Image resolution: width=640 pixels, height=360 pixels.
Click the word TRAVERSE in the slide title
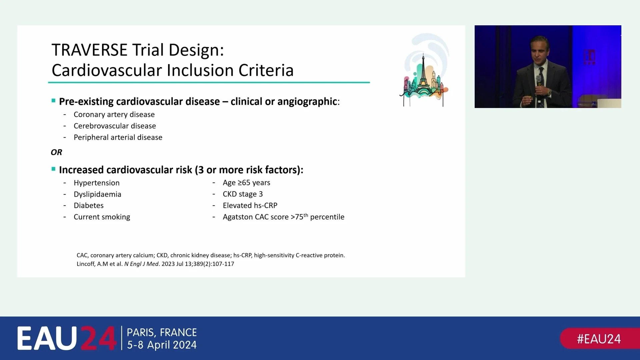point(89,50)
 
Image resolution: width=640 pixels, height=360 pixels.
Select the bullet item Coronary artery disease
point(114,114)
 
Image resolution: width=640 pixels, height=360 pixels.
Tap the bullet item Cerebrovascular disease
point(115,126)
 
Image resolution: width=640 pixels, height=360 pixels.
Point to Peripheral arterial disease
point(118,137)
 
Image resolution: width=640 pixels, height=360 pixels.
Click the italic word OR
point(56,152)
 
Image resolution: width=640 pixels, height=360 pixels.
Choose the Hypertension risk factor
point(96,183)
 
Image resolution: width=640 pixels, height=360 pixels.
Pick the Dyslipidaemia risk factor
point(97,194)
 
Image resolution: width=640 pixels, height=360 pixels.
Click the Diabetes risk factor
point(88,205)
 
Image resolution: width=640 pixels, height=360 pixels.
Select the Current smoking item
point(102,217)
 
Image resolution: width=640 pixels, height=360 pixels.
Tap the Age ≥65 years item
point(246,183)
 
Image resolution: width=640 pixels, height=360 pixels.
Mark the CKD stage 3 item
point(243,194)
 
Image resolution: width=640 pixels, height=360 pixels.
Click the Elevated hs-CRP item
point(250,205)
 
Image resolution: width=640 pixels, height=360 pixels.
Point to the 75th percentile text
point(320,217)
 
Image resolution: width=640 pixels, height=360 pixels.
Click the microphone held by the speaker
point(538,80)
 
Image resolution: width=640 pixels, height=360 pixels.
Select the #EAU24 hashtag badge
point(599,339)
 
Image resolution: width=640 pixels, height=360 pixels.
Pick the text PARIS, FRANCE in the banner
point(162,332)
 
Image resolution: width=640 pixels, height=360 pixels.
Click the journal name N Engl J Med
point(141,264)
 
